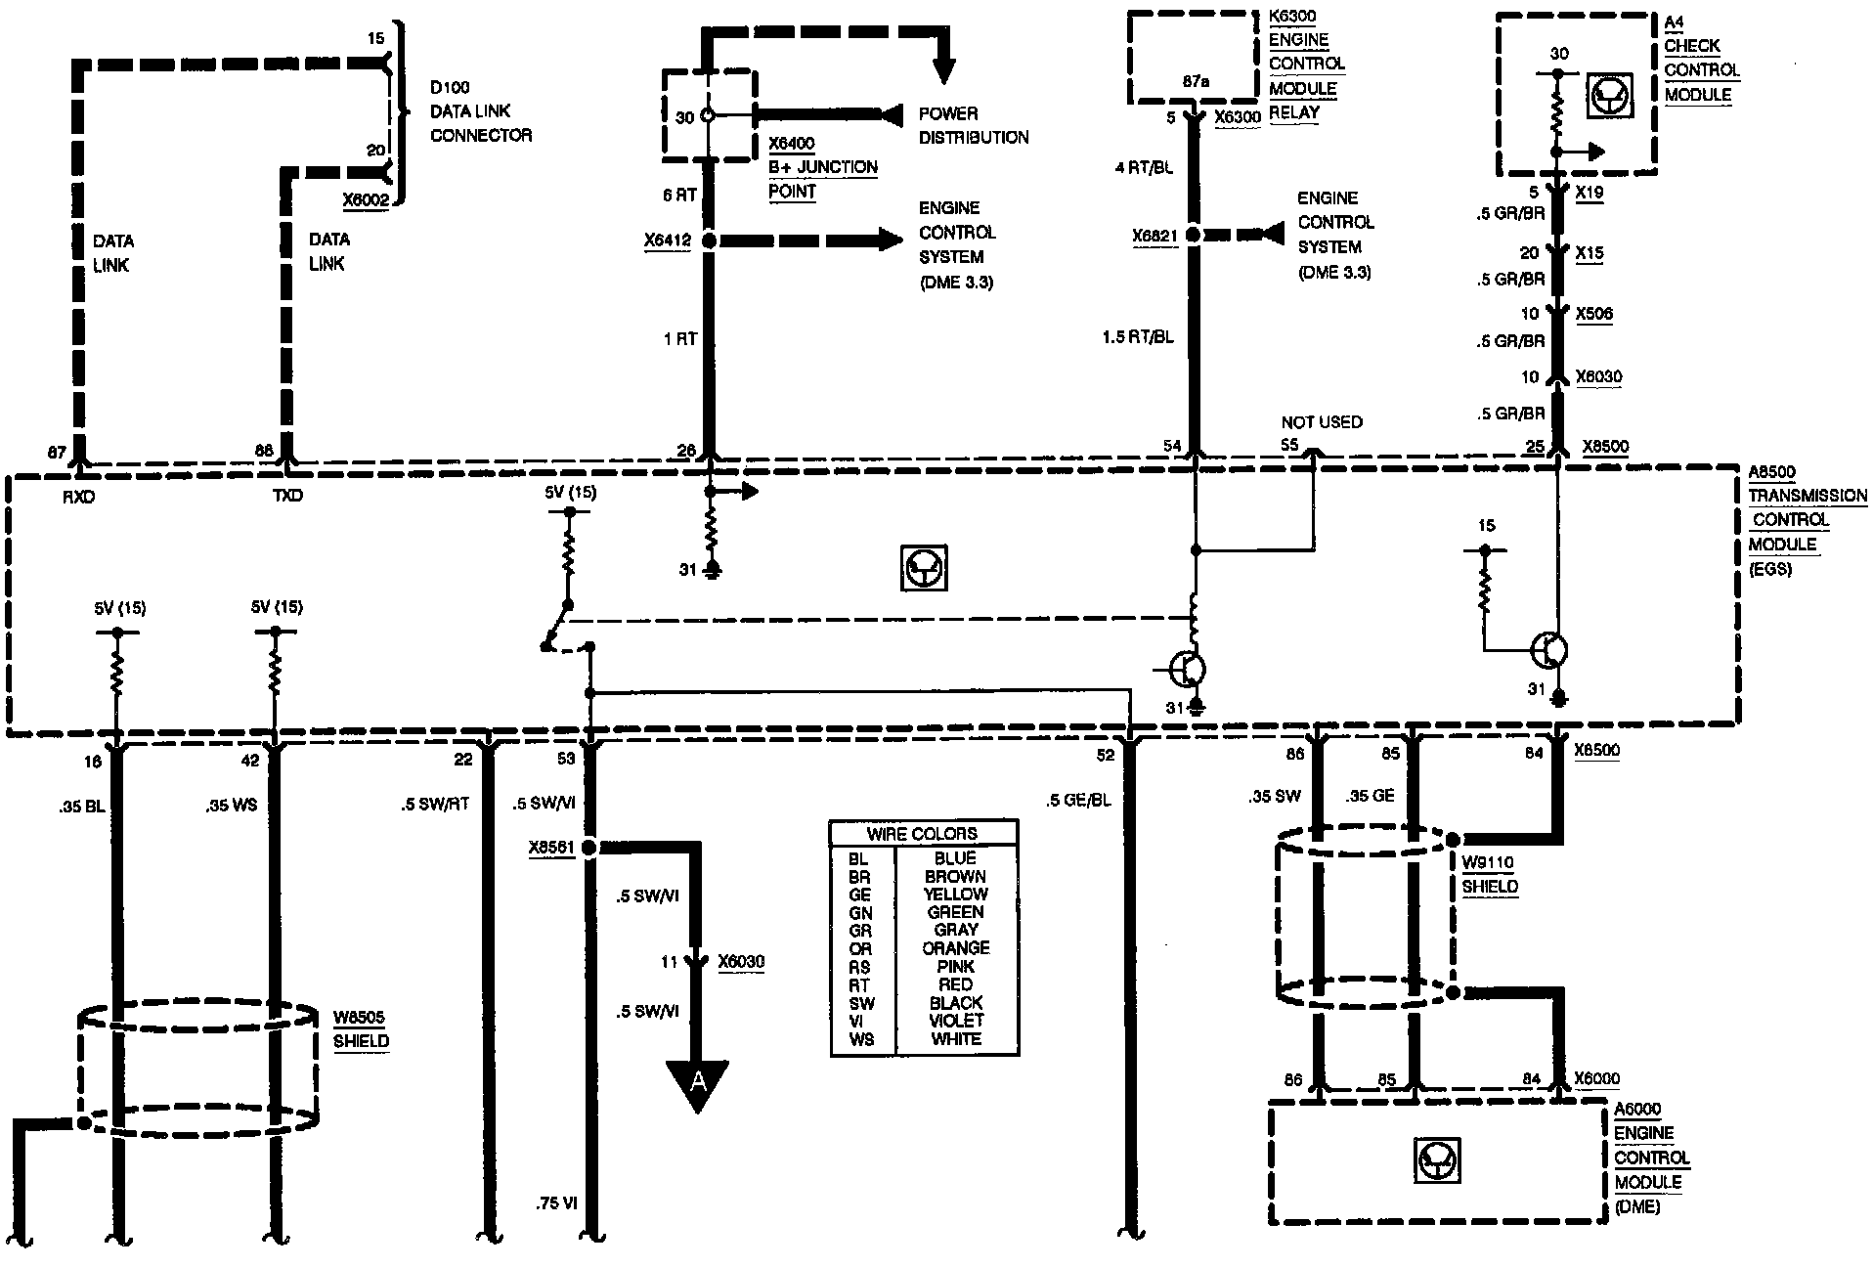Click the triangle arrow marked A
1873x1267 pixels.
point(697,1083)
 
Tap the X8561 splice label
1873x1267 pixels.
point(551,848)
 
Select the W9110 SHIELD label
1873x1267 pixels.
point(1489,875)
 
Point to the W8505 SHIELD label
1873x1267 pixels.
point(361,1029)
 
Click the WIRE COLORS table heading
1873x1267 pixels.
point(922,834)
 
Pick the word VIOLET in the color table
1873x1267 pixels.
point(956,1021)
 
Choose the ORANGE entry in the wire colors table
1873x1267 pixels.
point(956,948)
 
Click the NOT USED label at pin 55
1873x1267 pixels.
point(1322,422)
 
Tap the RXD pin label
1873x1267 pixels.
point(79,496)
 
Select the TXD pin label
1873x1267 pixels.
point(287,496)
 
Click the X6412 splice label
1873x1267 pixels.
point(668,240)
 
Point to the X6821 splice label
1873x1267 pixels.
point(1154,236)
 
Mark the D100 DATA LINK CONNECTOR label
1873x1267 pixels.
point(480,111)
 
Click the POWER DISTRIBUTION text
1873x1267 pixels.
point(973,125)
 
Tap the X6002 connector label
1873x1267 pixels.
point(367,200)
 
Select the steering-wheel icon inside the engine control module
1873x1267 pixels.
point(1437,1160)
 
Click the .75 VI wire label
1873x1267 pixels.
point(555,1203)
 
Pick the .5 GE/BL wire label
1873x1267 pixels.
point(1078,800)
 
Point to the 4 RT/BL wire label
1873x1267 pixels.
point(1144,168)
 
